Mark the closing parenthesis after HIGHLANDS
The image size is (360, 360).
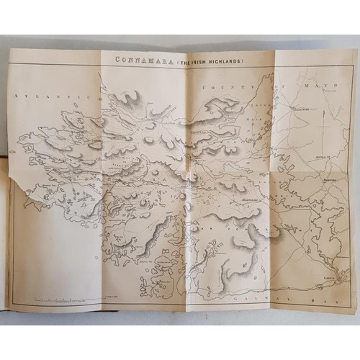pos(244,60)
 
